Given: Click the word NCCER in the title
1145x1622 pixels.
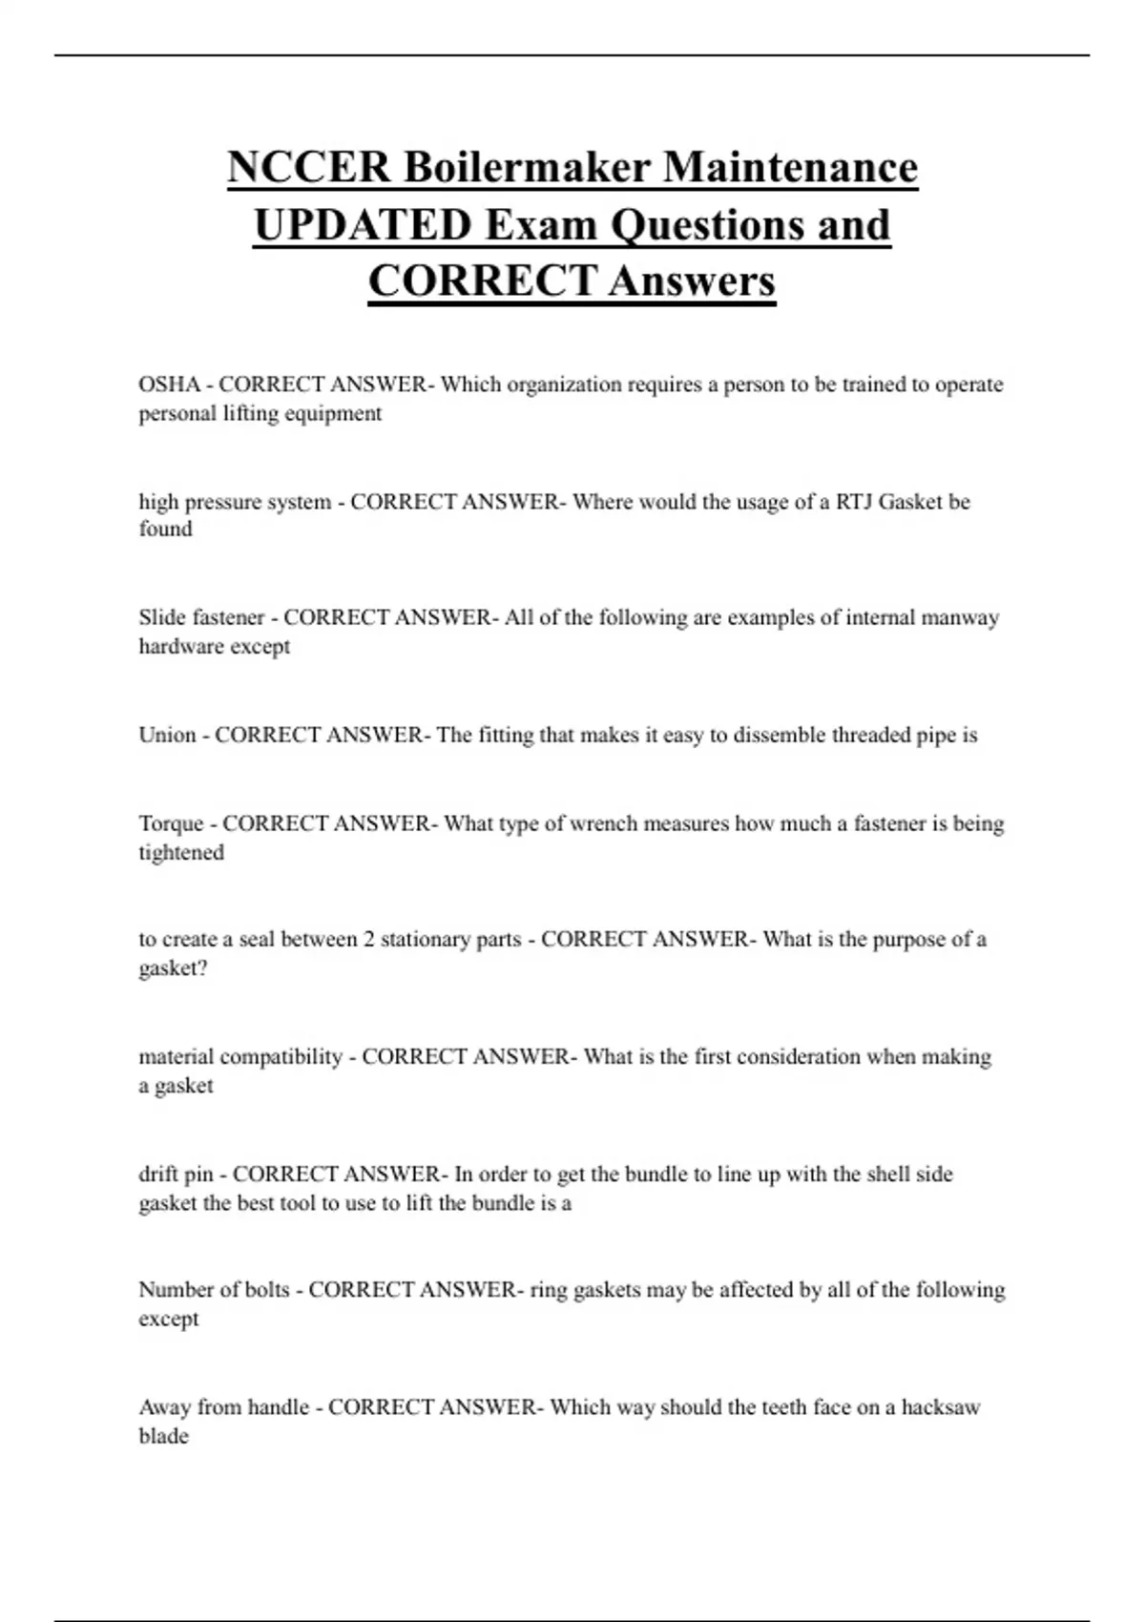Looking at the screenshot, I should coord(308,167).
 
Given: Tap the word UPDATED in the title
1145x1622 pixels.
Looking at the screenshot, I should coord(363,225).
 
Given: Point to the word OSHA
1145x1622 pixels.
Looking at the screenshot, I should coord(169,385).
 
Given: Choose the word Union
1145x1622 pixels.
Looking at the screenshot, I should coord(167,735).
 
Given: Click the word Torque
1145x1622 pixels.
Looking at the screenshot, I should coord(171,823).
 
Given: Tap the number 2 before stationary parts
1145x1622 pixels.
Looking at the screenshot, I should coord(368,940).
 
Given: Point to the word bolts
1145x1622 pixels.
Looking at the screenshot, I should coord(266,1290).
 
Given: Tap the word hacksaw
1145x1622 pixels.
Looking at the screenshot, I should coord(940,1407).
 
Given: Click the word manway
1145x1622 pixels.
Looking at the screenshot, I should coord(960,617).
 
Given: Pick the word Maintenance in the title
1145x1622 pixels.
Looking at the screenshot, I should coord(790,167).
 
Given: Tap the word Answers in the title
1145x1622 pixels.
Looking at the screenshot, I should coord(692,281).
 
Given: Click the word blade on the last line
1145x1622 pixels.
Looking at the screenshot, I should coord(163,1436).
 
